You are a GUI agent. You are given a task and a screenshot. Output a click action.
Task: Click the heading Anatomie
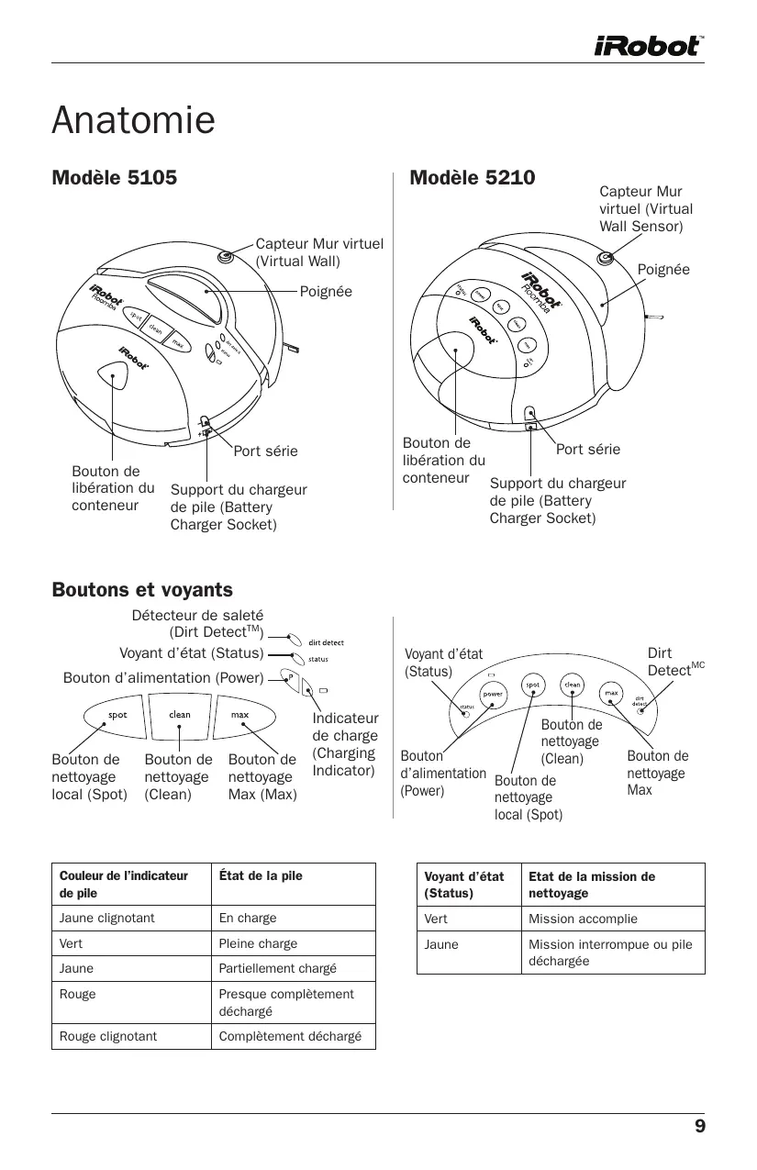[x=134, y=120]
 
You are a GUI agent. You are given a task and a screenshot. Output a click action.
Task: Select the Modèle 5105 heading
[x=115, y=177]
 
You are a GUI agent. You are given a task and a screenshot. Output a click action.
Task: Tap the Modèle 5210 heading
[x=472, y=177]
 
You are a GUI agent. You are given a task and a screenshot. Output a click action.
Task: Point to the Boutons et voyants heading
[x=142, y=590]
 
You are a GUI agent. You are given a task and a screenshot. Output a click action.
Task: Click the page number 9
[x=699, y=1127]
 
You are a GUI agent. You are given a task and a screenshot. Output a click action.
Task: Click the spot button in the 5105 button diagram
[x=118, y=715]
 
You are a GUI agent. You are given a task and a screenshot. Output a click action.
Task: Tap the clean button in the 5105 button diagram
[x=180, y=715]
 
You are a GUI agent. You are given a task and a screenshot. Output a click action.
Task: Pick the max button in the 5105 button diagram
[x=239, y=715]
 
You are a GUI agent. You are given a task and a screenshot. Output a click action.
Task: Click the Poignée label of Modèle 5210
[x=662, y=269]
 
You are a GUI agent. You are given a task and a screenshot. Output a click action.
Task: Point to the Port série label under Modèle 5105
[x=265, y=451]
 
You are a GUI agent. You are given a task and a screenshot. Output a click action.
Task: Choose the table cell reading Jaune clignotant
[x=107, y=918]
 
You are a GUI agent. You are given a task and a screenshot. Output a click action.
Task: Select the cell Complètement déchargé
[x=290, y=1036]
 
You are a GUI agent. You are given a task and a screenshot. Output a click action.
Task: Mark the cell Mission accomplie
[x=583, y=919]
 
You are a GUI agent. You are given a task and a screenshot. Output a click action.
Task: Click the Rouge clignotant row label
[x=108, y=1036]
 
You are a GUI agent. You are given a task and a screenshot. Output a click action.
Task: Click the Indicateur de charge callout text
[x=345, y=744]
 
